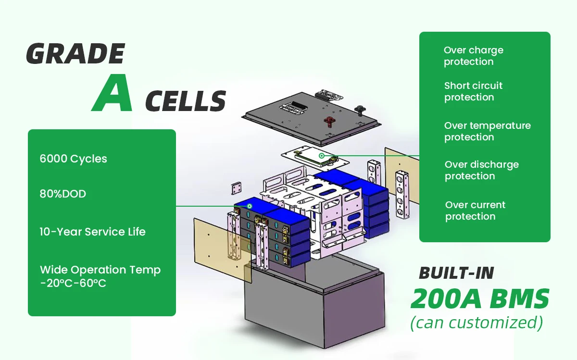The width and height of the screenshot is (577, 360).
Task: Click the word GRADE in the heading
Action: pyautogui.click(x=75, y=54)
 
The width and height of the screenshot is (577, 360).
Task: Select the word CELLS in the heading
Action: pyautogui.click(x=185, y=101)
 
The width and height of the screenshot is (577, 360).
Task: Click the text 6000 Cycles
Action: pyautogui.click(x=74, y=159)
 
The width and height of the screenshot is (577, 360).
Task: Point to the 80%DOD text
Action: pyautogui.click(x=63, y=194)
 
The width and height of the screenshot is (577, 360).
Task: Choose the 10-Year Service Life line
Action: pyautogui.click(x=92, y=232)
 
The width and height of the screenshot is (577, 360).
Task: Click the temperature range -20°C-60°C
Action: pyautogui.click(x=73, y=284)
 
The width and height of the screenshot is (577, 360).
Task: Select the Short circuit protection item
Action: pyautogui.click(x=473, y=91)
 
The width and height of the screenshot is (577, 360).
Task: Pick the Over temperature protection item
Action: pyautogui.click(x=487, y=131)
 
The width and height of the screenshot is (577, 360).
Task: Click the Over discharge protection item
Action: pyautogui.click(x=481, y=170)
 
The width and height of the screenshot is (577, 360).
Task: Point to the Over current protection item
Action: pyautogui.click(x=475, y=211)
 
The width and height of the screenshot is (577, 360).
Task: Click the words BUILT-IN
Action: pyautogui.click(x=456, y=273)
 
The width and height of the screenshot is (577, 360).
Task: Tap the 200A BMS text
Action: pyautogui.click(x=479, y=299)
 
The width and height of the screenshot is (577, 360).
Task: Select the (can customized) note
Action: pyautogui.click(x=476, y=323)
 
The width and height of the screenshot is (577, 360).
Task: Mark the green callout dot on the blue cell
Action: pyautogui.click(x=250, y=206)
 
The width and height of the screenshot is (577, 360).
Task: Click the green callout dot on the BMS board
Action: pyautogui.click(x=321, y=156)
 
